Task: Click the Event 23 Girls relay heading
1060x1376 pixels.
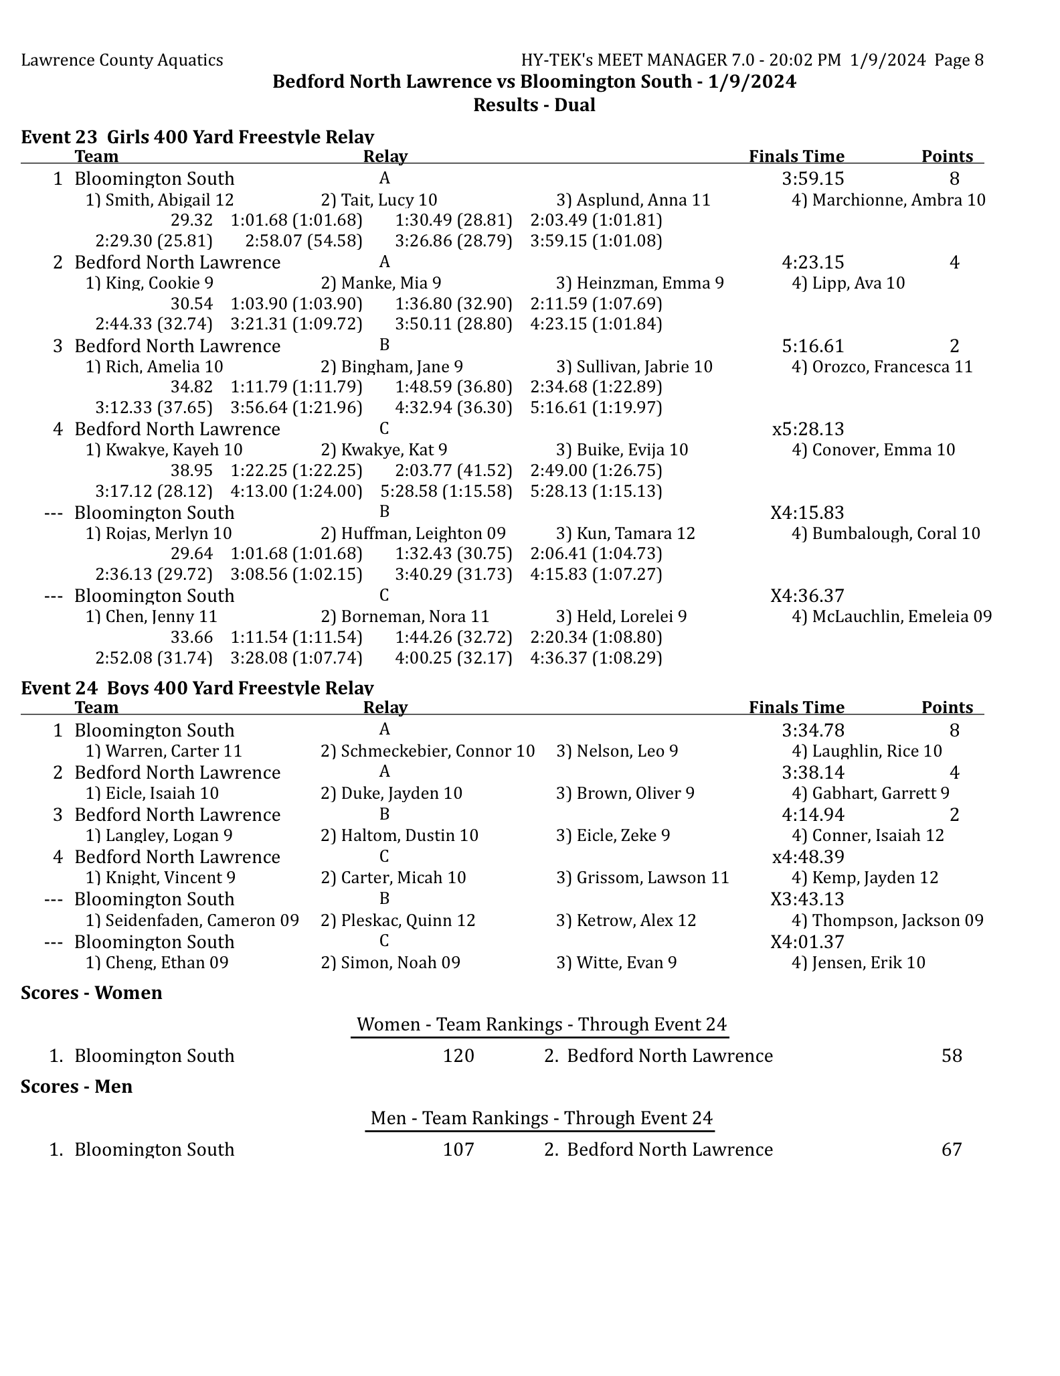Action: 197,137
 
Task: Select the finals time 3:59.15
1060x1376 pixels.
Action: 812,179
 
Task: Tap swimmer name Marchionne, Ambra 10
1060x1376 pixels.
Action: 888,200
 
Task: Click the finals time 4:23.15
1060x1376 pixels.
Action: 812,262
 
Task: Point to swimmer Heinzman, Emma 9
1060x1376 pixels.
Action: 640,283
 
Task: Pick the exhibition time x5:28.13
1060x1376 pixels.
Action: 808,429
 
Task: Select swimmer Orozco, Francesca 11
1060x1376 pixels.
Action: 882,367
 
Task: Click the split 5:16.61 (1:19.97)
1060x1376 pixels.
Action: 596,408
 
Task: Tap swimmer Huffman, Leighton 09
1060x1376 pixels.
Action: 413,534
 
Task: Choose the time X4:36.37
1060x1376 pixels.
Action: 807,596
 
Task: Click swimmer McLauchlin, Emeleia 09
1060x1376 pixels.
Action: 891,617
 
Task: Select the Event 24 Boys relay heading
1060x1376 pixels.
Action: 197,688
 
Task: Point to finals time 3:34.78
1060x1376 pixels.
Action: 812,731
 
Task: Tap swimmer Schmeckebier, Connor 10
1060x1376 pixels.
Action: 428,751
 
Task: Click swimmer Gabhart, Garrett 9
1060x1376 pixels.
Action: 870,793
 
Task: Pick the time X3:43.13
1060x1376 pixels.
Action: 807,899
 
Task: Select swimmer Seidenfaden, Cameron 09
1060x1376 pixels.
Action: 192,921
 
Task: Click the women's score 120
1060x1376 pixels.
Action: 458,1056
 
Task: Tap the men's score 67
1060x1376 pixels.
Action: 951,1150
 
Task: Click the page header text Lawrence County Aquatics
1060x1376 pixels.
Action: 122,60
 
